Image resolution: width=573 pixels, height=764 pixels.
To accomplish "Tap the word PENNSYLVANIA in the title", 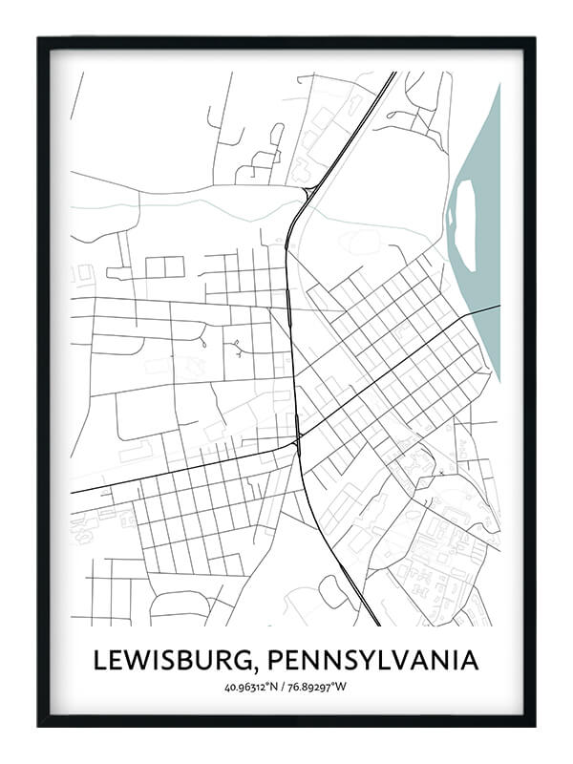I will click(373, 660).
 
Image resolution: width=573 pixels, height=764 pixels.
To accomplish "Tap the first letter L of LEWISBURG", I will click(99, 660).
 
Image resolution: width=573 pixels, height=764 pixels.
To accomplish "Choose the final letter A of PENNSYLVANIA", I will click(469, 660).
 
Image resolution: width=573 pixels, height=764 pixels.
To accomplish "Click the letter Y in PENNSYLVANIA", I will click(374, 660).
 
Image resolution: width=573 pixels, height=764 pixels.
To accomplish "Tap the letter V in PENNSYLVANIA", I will click(411, 660).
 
